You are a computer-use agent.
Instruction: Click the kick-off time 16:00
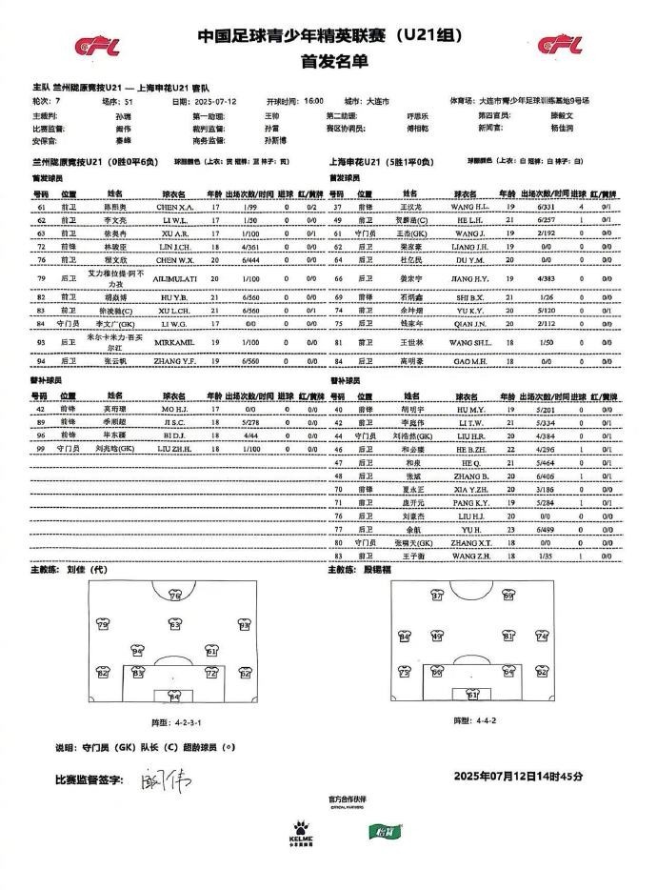click(x=311, y=100)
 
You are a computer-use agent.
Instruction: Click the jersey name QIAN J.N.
click(x=470, y=323)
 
